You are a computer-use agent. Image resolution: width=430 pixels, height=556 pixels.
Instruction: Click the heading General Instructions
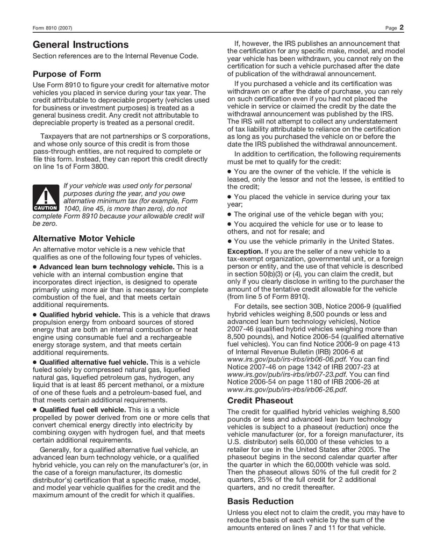(81, 45)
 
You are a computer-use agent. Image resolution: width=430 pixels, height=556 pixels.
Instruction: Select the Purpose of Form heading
(67, 74)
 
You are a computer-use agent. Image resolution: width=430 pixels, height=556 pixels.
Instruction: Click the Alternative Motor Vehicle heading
(83, 238)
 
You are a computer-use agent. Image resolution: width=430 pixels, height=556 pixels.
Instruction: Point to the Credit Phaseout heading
(260, 401)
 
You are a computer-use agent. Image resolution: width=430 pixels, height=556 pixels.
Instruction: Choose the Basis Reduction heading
(260, 501)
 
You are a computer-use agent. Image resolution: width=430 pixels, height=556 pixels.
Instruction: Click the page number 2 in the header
(401, 27)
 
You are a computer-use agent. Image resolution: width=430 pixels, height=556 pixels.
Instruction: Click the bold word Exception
(245, 251)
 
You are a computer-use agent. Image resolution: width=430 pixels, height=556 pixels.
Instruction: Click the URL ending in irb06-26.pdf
(280, 389)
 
